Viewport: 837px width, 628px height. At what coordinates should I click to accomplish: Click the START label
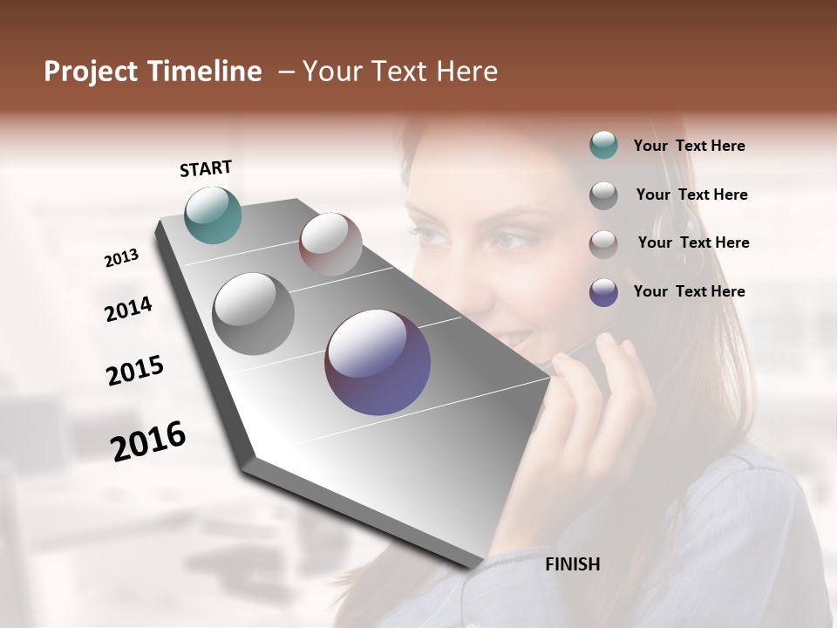[206, 168]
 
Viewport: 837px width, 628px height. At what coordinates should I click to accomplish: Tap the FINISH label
[572, 564]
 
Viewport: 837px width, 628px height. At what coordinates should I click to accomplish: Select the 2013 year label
[121, 258]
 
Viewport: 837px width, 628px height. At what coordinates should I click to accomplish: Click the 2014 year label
[128, 309]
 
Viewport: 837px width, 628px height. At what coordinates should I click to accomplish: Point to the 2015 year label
[135, 371]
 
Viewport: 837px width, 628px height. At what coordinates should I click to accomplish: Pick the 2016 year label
[148, 441]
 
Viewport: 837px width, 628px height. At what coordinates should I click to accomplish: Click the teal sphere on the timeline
[213, 215]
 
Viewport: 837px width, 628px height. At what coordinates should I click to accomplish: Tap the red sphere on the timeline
[330, 243]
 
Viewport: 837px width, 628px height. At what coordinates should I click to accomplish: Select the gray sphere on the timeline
[254, 313]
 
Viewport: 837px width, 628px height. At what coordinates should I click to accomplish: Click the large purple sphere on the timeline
[378, 362]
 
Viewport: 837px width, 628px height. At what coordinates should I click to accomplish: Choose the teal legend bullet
[603, 146]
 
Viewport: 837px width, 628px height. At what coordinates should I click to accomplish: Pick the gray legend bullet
[603, 195]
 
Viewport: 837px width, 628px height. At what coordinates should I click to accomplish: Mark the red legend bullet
[603, 244]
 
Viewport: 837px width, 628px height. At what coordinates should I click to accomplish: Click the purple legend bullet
[603, 292]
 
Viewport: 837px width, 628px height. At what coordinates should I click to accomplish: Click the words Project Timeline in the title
[153, 72]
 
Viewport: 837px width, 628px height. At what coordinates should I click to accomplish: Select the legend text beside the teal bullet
[689, 147]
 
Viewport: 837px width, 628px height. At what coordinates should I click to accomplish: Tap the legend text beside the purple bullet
[689, 291]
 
